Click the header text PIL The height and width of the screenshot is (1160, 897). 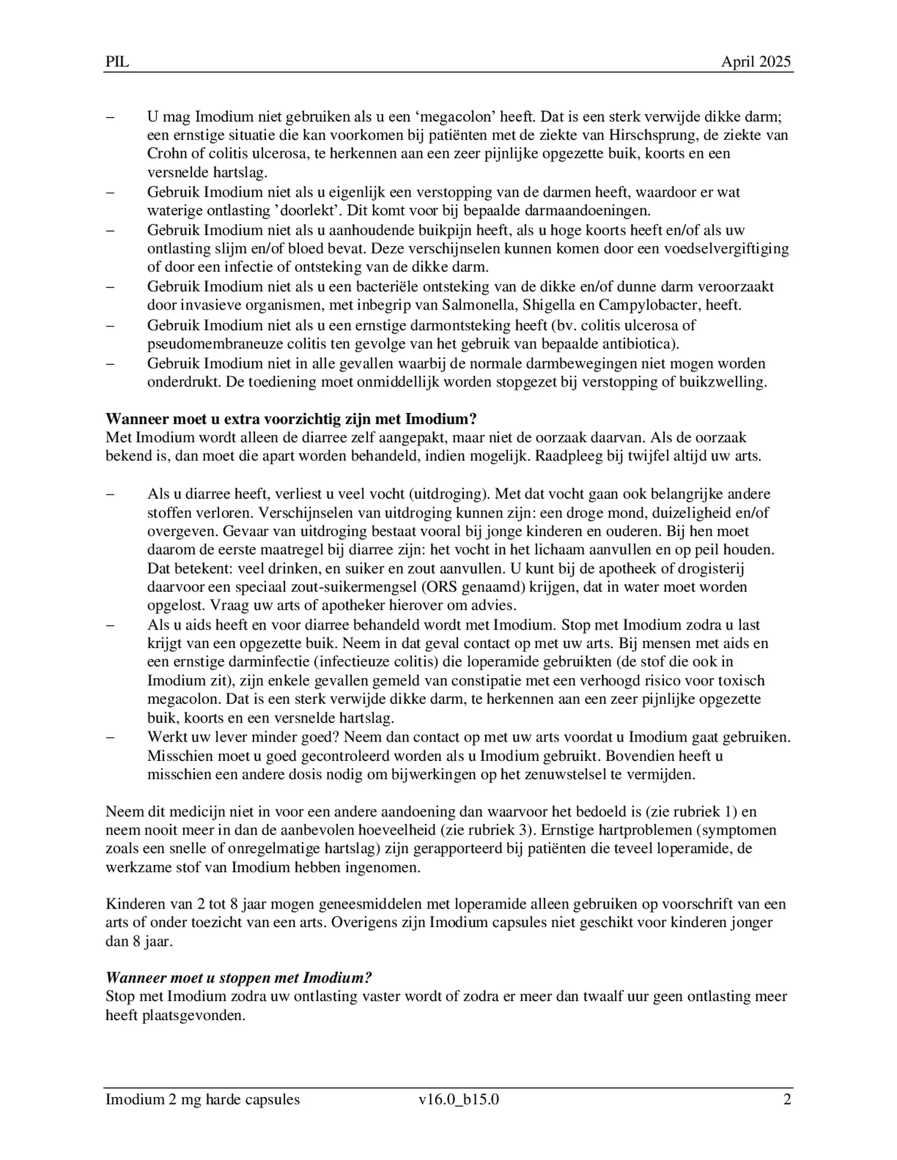pos(117,62)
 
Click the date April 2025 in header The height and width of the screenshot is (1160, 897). pos(755,62)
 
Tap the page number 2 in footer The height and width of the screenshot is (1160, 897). pos(787,1099)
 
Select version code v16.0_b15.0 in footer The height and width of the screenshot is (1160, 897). pos(459,1099)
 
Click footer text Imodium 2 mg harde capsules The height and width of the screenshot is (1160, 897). pos(202,1099)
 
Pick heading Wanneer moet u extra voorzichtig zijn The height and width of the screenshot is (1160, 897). pos(291,419)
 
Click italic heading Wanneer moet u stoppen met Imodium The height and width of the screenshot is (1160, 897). pos(238,978)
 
